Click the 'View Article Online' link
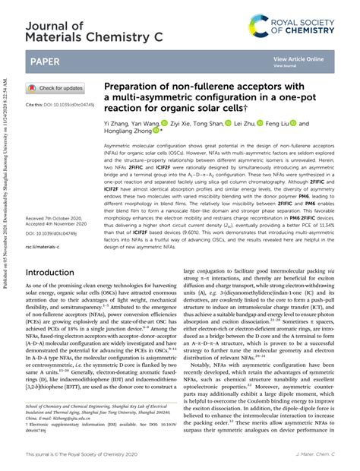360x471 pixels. coord(298,58)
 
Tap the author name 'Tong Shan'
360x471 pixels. coord(207,123)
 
